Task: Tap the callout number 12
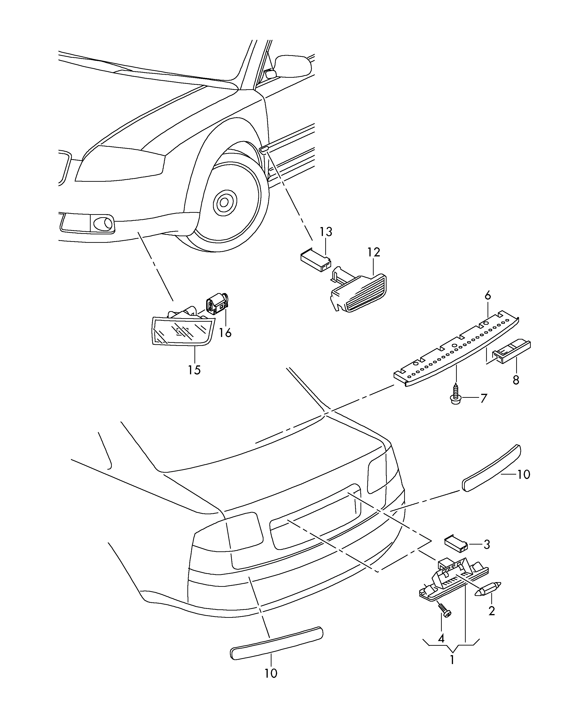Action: click(374, 252)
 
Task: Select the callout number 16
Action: click(225, 333)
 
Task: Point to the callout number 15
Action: click(194, 370)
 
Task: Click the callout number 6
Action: click(488, 296)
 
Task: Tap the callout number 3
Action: click(486, 545)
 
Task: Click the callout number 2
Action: click(492, 611)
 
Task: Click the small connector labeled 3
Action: click(456, 543)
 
